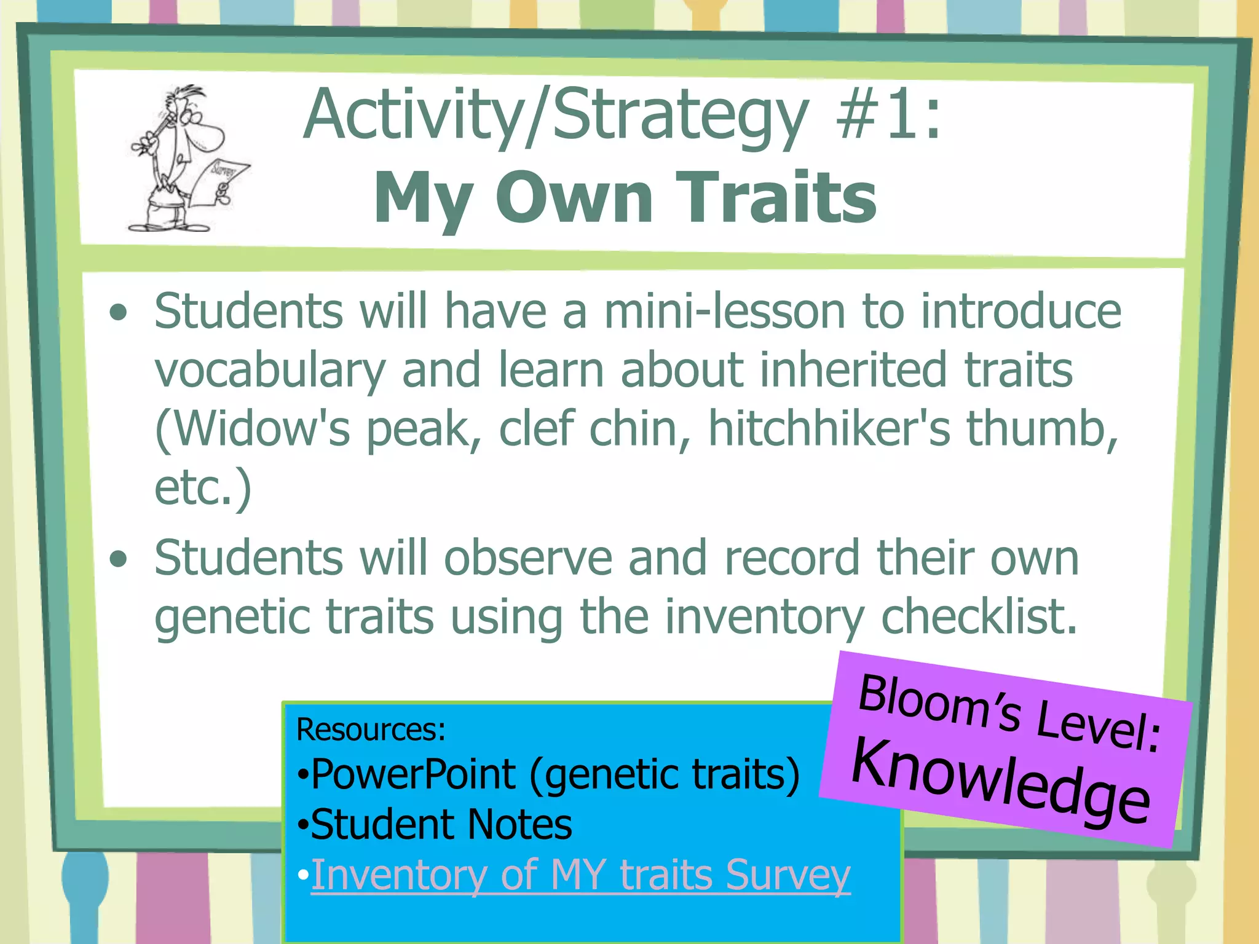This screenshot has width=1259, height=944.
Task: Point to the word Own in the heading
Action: click(x=574, y=198)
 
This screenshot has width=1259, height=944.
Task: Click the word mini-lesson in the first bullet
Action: click(x=725, y=311)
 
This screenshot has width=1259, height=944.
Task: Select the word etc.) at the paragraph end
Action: click(x=203, y=487)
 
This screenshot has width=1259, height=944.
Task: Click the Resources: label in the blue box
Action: click(x=371, y=730)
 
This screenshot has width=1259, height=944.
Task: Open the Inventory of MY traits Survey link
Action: click(x=580, y=875)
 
